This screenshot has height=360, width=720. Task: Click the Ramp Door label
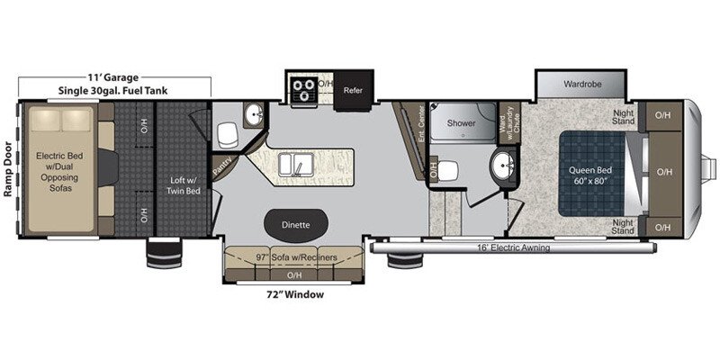coord(7,169)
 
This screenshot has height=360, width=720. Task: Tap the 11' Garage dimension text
coord(113,77)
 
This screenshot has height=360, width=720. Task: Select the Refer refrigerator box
coord(353,91)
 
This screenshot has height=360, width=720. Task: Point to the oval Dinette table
coord(296,225)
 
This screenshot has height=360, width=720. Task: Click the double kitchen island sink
coord(297,165)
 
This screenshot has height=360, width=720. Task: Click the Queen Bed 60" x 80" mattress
coord(592,174)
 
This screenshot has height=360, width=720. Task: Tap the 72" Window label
coord(296,294)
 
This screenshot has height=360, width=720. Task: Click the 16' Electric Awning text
coord(513,248)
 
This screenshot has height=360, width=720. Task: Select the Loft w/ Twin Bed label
coord(183,185)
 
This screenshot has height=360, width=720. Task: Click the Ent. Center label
coord(420,123)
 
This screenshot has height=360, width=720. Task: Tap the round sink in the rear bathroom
coord(504,165)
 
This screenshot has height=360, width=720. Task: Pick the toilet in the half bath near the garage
coord(228,136)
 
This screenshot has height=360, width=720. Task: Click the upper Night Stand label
coord(623,117)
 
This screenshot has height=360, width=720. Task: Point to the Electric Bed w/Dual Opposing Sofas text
coord(57,172)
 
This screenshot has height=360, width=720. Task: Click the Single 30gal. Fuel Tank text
coord(113,91)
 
